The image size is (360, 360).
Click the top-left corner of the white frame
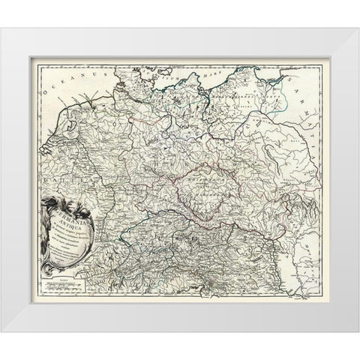(2, 28)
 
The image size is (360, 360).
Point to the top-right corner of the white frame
(358, 28)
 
